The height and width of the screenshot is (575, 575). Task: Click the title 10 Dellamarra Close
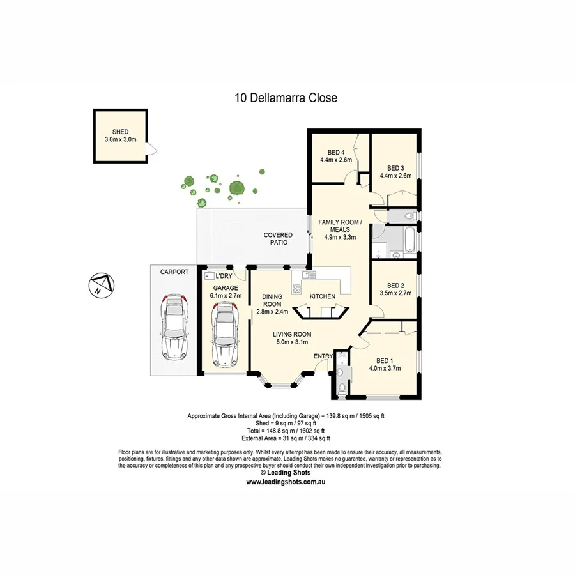point(286,98)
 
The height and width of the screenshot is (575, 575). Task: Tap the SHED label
point(120,132)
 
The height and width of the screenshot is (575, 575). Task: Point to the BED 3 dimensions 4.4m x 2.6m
point(395,176)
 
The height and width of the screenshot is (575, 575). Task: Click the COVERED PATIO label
point(279,239)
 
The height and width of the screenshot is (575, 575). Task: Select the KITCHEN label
point(323,296)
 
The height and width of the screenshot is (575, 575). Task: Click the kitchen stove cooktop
point(296,288)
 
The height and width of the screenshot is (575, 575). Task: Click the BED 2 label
point(395,286)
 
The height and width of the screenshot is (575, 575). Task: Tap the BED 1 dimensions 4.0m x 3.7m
point(385,368)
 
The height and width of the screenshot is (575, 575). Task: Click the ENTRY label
point(323,356)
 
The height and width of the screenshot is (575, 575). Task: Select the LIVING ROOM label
point(292,334)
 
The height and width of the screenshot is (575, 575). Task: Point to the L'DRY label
point(224,275)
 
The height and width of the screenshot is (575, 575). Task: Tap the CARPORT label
point(174,272)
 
